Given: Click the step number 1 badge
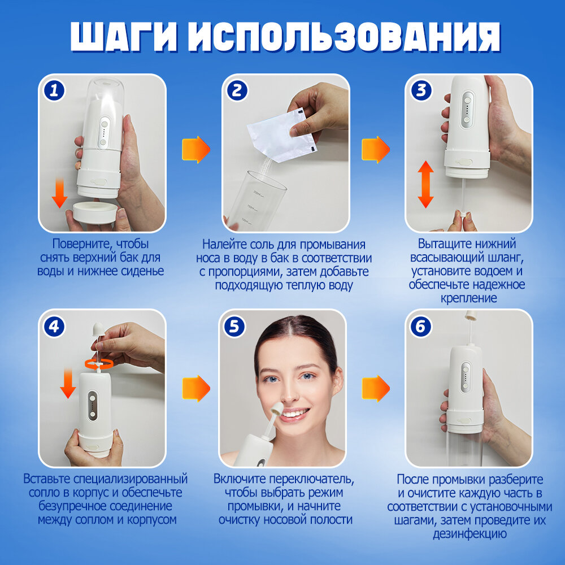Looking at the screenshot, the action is pyautogui.click(x=54, y=90).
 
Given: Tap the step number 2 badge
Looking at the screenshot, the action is pyautogui.click(x=237, y=90).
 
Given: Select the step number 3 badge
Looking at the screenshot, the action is pyautogui.click(x=421, y=90).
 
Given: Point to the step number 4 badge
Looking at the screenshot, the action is pyautogui.click(x=54, y=327).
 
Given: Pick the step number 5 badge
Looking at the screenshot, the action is pyautogui.click(x=234, y=327).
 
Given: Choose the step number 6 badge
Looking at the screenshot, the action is pyautogui.click(x=421, y=327).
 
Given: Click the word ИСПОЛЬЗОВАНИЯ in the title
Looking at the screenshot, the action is pyautogui.click(x=344, y=37).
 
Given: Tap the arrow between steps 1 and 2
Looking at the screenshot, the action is pyautogui.click(x=195, y=150).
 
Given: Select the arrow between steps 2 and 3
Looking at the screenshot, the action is pyautogui.click(x=376, y=150).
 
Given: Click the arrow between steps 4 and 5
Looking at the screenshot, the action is pyautogui.click(x=196, y=389).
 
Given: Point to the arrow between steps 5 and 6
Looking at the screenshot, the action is pyautogui.click(x=376, y=389).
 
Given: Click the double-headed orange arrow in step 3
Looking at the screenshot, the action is pyautogui.click(x=425, y=184).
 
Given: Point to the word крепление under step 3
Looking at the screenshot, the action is pyautogui.click(x=469, y=298).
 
